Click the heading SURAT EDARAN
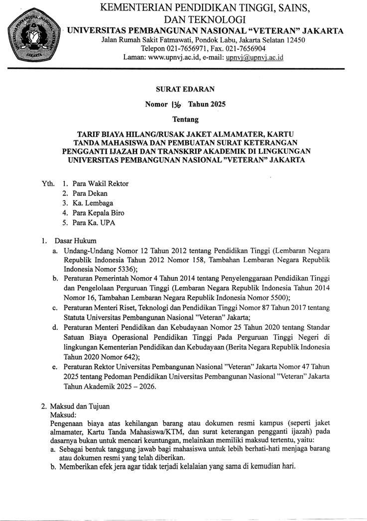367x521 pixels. pos(185,89)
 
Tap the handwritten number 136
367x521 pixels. pos(177,104)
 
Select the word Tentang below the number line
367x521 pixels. pos(185,119)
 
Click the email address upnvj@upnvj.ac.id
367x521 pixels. pos(254,57)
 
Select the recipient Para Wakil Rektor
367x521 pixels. pos(100,184)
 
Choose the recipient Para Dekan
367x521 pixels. pos(90,193)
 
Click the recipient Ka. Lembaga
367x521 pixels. pos(93,203)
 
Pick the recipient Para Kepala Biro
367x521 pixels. pos(98,213)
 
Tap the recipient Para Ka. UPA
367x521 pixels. pos(94,222)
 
